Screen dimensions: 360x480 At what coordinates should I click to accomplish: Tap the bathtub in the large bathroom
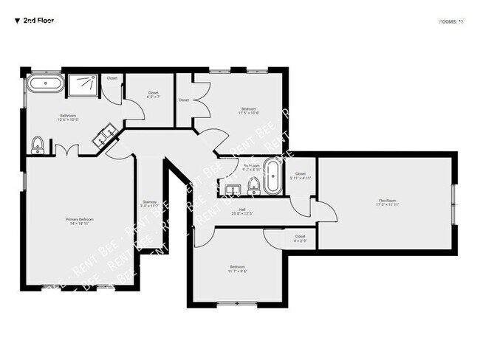[47, 83]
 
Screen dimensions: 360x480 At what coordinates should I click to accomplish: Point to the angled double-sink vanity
[106, 134]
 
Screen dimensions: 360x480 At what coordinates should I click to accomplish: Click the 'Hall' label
[241, 211]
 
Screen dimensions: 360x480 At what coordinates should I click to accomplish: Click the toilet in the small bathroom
[253, 184]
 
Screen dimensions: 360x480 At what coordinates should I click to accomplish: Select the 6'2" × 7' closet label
[153, 95]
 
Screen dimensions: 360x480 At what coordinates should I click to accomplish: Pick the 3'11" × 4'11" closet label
[300, 176]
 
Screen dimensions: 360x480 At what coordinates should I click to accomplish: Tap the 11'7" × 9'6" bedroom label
[237, 269]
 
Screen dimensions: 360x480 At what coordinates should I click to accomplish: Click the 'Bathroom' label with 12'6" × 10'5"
[69, 117]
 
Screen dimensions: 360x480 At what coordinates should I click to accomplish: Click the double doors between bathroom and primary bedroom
[67, 150]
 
